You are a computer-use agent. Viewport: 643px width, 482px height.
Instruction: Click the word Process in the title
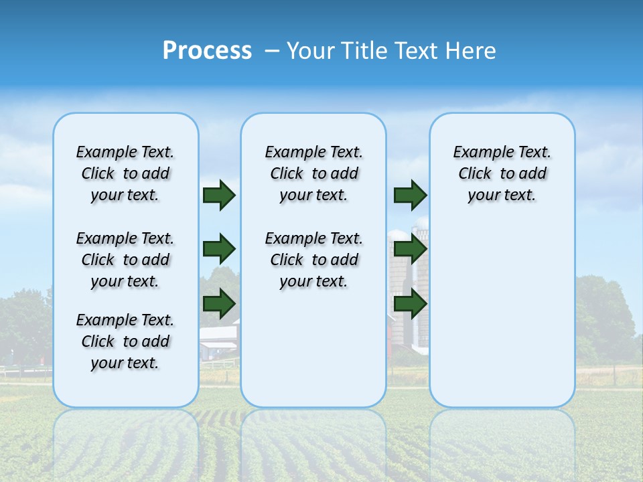207,51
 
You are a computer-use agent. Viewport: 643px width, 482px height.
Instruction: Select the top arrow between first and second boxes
218,195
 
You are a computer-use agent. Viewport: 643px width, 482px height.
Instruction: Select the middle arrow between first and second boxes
218,249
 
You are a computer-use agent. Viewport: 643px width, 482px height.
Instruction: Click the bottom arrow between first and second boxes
218,304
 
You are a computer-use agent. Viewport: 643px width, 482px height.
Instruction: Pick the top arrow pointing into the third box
410,195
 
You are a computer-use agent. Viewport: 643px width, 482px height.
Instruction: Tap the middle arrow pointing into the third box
410,249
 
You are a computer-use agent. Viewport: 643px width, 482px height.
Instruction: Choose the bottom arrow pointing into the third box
410,304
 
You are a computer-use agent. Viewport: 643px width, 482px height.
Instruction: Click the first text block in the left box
125,173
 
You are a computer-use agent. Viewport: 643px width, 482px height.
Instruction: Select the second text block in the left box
125,260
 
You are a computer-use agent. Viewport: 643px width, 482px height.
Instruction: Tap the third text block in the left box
125,341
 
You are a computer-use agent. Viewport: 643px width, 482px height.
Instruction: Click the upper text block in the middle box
313,173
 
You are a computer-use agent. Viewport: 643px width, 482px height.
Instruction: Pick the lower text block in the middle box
313,260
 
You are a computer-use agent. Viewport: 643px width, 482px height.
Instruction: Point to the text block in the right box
502,173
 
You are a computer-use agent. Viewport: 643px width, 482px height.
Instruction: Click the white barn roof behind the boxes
218,333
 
